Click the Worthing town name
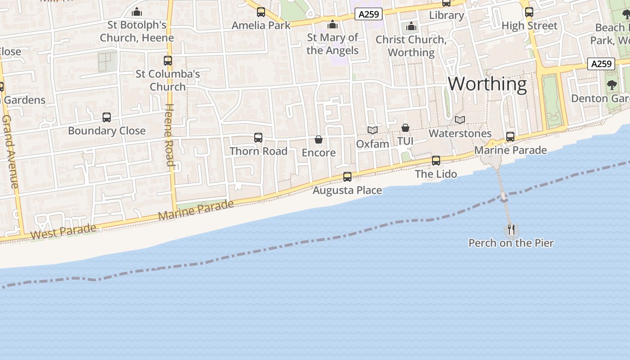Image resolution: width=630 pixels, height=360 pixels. tap(487, 84)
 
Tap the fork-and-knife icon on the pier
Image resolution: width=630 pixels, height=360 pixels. tap(511, 229)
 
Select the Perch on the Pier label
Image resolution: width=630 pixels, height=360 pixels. tap(511, 243)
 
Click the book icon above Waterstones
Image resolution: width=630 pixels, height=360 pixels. tap(460, 120)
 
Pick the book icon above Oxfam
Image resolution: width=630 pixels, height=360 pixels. tap(373, 130)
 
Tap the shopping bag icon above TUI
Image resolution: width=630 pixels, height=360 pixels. tap(405, 128)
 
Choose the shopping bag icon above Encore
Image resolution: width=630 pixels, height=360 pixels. tap(319, 139)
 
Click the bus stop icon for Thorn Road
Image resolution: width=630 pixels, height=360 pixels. tap(258, 138)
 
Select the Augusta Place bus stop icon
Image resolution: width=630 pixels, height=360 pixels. tap(347, 177)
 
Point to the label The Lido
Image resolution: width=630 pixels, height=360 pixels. tap(436, 174)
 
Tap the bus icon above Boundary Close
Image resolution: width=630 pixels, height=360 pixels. tap(107, 117)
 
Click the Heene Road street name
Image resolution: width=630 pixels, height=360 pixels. tap(170, 135)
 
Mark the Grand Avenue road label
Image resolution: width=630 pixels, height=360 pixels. tap(10, 152)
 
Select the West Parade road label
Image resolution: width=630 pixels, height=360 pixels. tap(63, 232)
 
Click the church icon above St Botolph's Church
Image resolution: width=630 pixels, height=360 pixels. tap(137, 12)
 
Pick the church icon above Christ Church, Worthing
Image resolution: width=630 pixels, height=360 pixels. tap(411, 27)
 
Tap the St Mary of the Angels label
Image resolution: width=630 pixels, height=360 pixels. tap(333, 44)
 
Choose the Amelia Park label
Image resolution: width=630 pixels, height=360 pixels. tap(261, 25)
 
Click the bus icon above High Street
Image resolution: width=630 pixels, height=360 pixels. tap(529, 12)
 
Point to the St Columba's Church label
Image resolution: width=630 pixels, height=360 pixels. tap(168, 80)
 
